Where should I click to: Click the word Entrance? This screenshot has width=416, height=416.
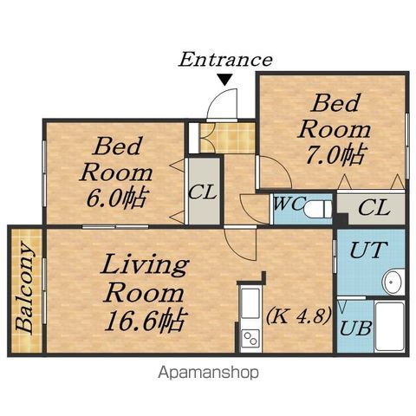[225, 60]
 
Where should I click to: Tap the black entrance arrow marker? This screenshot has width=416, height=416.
[224, 80]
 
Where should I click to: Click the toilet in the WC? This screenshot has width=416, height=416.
[317, 209]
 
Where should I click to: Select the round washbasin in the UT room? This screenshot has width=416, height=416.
[393, 282]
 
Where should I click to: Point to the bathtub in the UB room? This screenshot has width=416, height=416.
[389, 326]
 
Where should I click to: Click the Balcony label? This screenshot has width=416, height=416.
[25, 289]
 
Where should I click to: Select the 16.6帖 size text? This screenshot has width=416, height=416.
[146, 322]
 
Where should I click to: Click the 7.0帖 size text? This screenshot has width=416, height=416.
[335, 155]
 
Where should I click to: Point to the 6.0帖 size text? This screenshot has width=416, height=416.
[115, 198]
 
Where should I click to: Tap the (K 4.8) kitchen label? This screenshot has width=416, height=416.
[297, 316]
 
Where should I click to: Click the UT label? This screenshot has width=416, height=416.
[368, 250]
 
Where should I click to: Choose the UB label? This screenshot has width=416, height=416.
[355, 328]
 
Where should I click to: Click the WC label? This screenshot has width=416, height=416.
[289, 204]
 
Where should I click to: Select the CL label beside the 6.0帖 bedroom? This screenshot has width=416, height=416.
[202, 192]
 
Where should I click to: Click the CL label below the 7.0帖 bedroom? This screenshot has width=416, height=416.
[374, 207]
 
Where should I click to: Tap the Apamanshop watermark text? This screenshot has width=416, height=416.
[208, 373]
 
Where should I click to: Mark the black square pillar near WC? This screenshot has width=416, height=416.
[341, 219]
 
